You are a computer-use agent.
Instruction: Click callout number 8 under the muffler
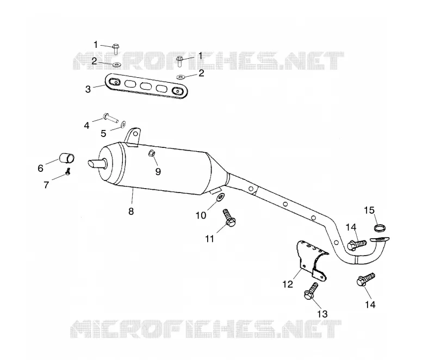pyautogui.click(x=131, y=212)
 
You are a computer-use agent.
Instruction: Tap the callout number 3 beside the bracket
pyautogui.click(x=88, y=89)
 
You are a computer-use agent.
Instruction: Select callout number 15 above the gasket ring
pyautogui.click(x=369, y=210)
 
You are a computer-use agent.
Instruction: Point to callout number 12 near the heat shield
pyautogui.click(x=288, y=284)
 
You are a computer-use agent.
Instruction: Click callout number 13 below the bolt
pyautogui.click(x=322, y=314)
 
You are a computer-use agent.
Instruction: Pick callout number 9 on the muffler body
pyautogui.click(x=158, y=172)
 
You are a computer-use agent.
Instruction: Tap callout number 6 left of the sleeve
pyautogui.click(x=40, y=168)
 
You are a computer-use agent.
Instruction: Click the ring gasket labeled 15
pyautogui.click(x=380, y=228)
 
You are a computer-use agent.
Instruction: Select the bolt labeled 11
pyautogui.click(x=229, y=218)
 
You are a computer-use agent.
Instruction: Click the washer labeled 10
pyautogui.click(x=221, y=198)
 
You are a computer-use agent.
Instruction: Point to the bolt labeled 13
pyautogui.click(x=310, y=291)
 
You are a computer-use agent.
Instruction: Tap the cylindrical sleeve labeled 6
pyautogui.click(x=67, y=158)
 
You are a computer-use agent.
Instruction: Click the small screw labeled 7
pyautogui.click(x=68, y=172)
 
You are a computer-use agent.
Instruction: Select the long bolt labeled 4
pyautogui.click(x=110, y=118)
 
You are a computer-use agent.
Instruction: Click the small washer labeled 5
pyautogui.click(x=123, y=124)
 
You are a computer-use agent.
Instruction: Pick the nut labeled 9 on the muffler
pyautogui.click(x=152, y=153)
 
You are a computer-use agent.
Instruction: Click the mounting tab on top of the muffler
pyautogui.click(x=132, y=136)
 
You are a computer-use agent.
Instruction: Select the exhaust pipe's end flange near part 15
pyautogui.click(x=380, y=239)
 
